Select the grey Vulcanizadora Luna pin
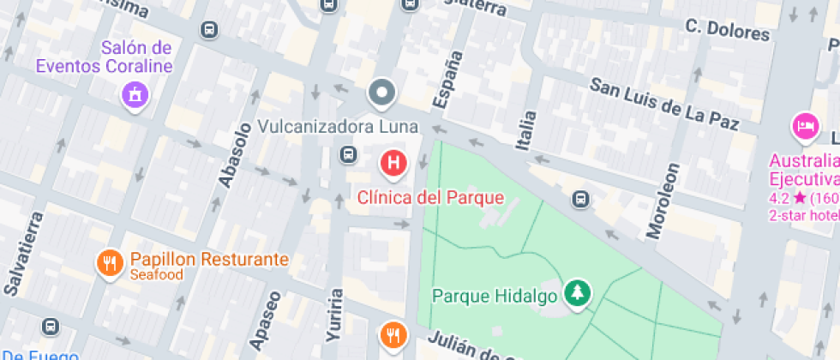[x=381, y=92]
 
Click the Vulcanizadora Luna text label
[x=338, y=127]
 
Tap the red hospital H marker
[x=393, y=161]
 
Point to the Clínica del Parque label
[x=430, y=198]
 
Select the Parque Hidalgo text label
[x=495, y=297]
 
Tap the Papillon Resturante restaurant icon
[x=109, y=261]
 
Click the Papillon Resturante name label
[x=209, y=259]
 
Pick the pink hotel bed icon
[x=805, y=127]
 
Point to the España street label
[x=447, y=81]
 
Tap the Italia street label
[x=527, y=131]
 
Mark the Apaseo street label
[x=265, y=321]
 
